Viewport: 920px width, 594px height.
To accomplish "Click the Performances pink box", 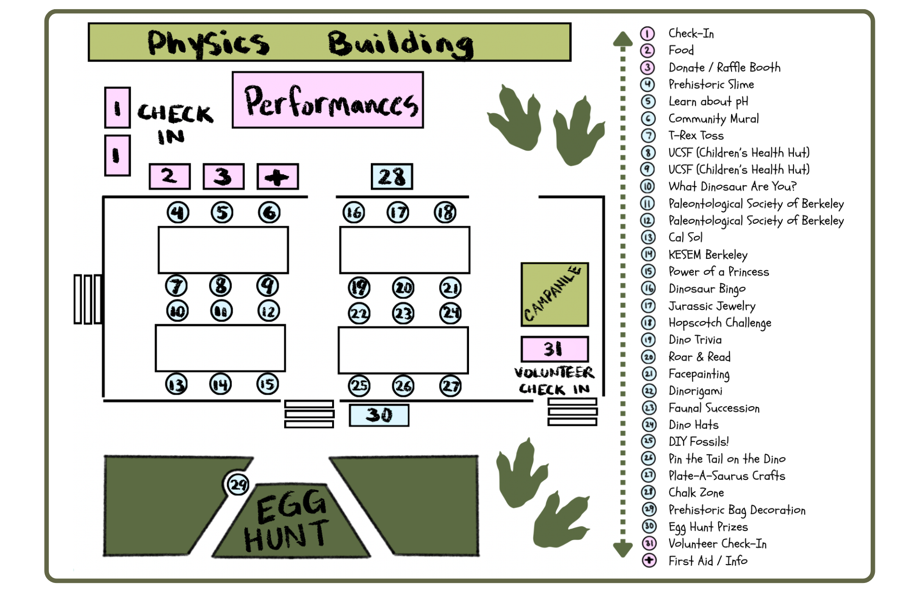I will [328, 100].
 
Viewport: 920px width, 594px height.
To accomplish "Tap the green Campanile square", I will [554, 294].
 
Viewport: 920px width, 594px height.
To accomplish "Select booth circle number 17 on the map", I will [398, 212].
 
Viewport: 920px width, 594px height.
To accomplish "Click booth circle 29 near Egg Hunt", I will [238, 484].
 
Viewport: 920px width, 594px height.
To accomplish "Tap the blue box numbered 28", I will [392, 176].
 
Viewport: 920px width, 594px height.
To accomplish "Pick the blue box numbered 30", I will [379, 415].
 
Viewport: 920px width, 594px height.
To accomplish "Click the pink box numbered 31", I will [554, 349].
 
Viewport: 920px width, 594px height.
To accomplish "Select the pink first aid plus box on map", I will [277, 176].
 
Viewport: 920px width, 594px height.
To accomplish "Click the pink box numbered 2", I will [170, 176].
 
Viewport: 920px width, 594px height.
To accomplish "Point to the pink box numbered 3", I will [223, 176].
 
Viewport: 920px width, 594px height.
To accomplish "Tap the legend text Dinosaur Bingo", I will [707, 289].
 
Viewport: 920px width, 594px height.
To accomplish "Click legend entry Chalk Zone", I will [696, 493].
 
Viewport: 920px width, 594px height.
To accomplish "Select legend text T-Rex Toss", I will [696, 135].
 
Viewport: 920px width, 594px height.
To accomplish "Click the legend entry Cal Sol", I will [685, 238].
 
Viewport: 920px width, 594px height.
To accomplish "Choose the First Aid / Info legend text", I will [708, 561].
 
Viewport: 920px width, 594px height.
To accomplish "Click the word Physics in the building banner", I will [208, 43].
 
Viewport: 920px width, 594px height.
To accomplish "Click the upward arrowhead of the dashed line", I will [622, 39].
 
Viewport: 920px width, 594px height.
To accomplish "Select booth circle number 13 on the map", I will [176, 384].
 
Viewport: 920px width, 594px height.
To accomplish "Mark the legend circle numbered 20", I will [649, 357].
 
